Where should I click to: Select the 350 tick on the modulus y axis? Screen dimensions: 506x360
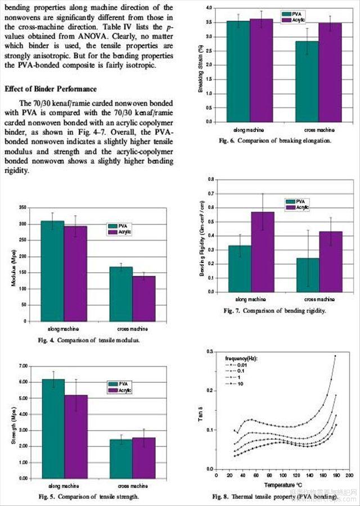click(x=22, y=207)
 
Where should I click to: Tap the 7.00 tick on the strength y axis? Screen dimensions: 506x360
click(x=22, y=366)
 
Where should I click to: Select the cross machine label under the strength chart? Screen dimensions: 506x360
click(x=132, y=485)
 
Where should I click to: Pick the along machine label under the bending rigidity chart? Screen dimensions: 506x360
click(x=241, y=299)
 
